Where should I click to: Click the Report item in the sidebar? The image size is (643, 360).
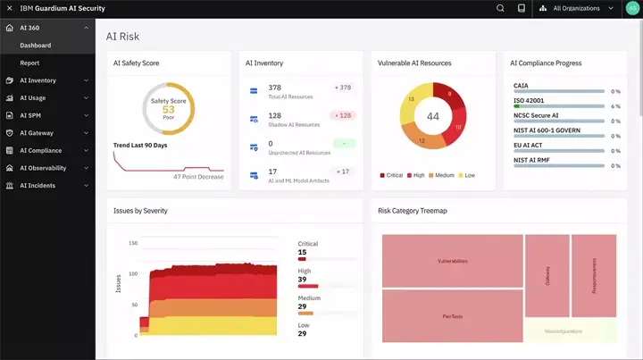(30, 63)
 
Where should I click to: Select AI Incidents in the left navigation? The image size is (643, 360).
(38, 186)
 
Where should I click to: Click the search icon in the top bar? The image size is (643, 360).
(500, 9)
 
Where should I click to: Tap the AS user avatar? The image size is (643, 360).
(632, 9)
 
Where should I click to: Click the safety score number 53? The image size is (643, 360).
(167, 111)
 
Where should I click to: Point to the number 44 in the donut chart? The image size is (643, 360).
(432, 117)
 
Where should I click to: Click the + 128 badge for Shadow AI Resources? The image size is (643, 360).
(343, 115)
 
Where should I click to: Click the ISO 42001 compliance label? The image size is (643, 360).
(529, 100)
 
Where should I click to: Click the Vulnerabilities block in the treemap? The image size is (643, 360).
(452, 261)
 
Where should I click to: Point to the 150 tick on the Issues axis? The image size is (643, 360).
(133, 243)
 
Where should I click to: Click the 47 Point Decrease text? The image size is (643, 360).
(198, 177)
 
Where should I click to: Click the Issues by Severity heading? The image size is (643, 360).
(140, 211)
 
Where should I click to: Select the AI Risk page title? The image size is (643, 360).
(122, 37)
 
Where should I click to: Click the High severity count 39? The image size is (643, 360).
(302, 280)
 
